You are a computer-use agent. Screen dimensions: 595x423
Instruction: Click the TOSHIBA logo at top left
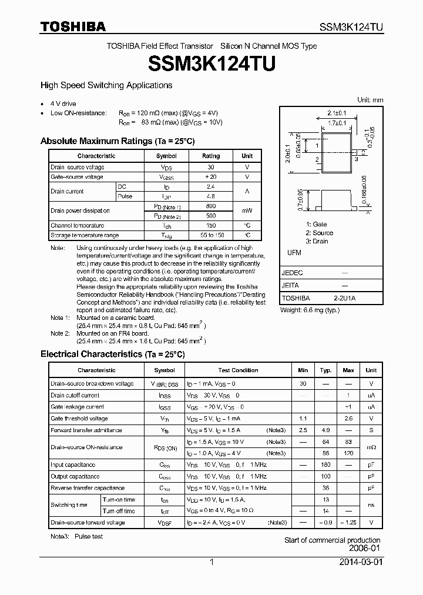pos(73,26)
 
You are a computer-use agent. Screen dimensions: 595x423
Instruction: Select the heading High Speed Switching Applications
pos(106,85)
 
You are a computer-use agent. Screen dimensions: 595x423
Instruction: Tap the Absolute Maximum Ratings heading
pos(117,141)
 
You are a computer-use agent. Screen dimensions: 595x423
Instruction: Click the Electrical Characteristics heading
pos(112,355)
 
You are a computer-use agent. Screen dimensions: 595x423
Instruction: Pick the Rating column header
pos(211,156)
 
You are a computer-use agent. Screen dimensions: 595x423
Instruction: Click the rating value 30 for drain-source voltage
pos(211,167)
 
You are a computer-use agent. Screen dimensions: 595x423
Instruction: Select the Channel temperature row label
pos(78,225)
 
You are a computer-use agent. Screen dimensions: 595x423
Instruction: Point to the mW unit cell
pos(247,210)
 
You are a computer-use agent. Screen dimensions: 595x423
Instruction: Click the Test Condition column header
pos(238,370)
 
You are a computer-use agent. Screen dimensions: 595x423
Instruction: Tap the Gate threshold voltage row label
pos(79,419)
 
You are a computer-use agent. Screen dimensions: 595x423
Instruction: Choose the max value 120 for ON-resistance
pos(348,453)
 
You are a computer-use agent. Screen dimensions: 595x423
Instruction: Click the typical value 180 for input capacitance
pos(325,465)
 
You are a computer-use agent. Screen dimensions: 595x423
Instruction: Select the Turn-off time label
pos(119,511)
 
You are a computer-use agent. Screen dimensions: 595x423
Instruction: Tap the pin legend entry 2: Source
pos(319,233)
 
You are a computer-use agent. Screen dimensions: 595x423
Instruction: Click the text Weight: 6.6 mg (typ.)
pos(310,310)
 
